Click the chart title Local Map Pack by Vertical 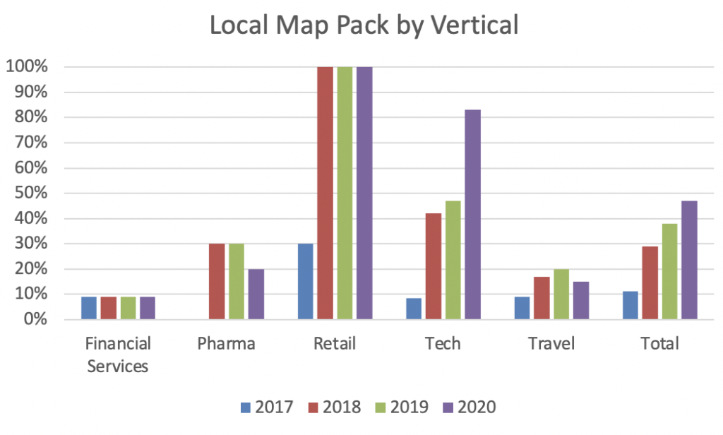[x=364, y=26]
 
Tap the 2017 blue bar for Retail [x=306, y=281]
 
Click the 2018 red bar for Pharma [x=217, y=281]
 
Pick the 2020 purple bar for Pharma [x=256, y=294]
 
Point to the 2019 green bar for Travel [x=561, y=294]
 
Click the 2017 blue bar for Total [x=631, y=305]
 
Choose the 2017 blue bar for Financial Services [x=88, y=308]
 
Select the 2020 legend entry [x=470, y=407]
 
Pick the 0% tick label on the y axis [x=34, y=319]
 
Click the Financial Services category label [x=118, y=355]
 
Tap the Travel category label [x=551, y=344]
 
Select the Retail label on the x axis [x=335, y=344]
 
